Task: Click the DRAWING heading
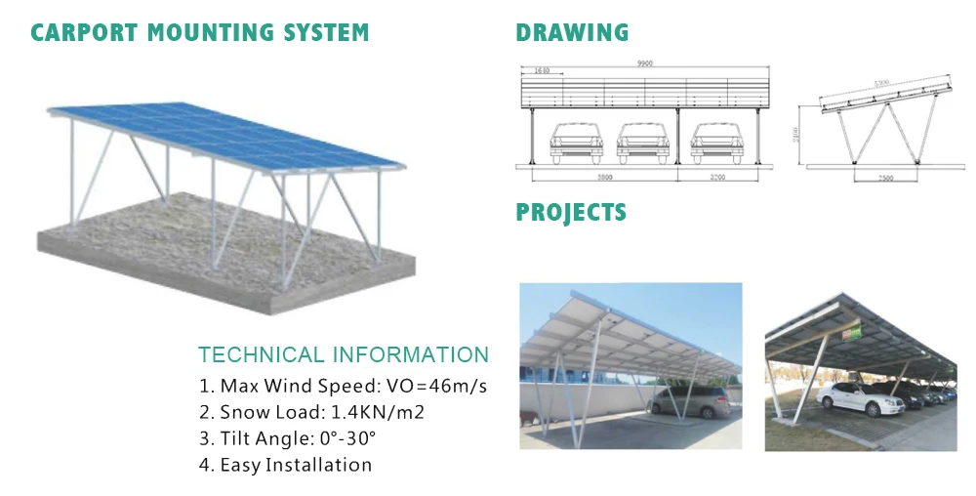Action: point(572,32)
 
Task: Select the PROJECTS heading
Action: point(571,212)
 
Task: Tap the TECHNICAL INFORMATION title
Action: point(344,354)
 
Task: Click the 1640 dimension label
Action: point(542,71)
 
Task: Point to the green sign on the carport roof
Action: point(852,331)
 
